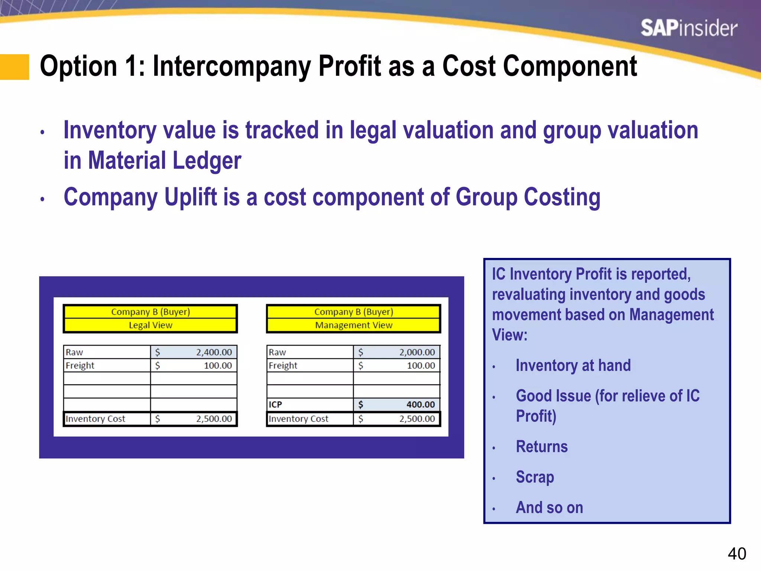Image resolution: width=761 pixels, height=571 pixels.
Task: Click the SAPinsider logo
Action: coord(689,28)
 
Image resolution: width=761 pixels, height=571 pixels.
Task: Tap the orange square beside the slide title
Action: coord(14,67)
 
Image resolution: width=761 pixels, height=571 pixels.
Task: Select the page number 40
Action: coord(736,554)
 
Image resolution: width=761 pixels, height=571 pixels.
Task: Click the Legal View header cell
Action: coord(150,325)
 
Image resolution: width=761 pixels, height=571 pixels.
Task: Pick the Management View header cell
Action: coord(353,325)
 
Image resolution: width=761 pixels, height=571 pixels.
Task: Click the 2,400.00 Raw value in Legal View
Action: coord(214,352)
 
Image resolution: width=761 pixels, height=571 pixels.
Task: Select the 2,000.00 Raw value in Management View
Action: coord(417,352)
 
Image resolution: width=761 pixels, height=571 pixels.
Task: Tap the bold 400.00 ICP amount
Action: coord(420,404)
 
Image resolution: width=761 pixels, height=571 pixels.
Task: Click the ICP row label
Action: coord(275,404)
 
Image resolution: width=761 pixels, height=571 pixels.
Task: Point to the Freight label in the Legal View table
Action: coord(80,365)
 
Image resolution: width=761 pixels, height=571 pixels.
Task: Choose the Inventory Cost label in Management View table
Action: coord(298,419)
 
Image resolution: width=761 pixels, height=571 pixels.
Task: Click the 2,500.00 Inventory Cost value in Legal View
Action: coord(214,419)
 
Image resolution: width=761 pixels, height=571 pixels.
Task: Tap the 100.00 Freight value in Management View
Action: coord(421,365)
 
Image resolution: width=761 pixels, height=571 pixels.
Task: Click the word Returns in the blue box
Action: coord(542,446)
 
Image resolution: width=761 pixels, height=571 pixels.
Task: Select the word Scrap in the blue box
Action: coord(535,477)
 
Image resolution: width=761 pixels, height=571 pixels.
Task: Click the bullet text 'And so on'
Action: coord(549,507)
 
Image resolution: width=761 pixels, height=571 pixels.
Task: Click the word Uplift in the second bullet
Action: coord(191,197)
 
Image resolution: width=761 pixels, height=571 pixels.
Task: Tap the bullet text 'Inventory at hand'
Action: coord(573,365)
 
